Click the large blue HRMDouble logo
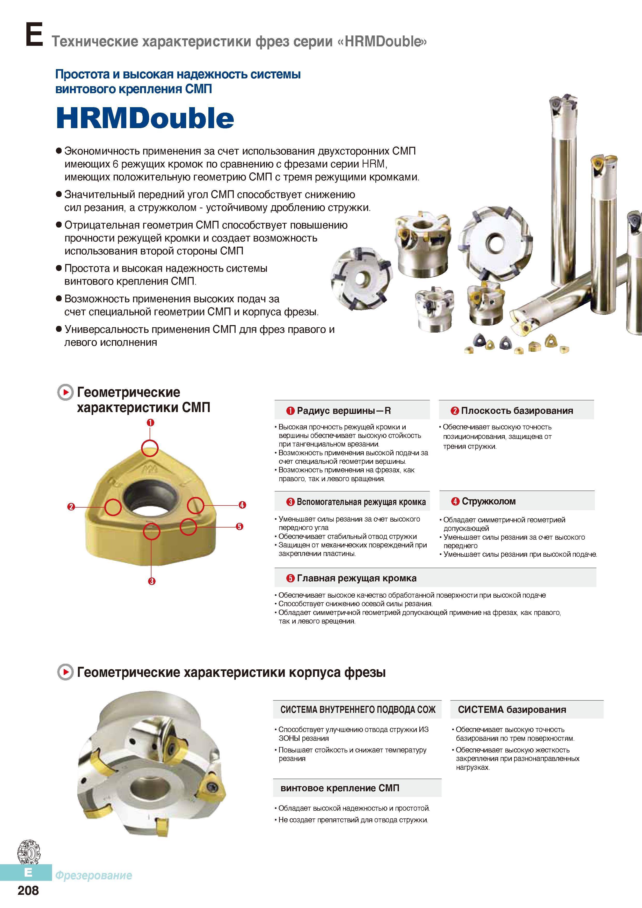pyautogui.click(x=145, y=118)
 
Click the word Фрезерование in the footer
pyautogui.click(x=93, y=875)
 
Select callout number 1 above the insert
pyautogui.click(x=150, y=422)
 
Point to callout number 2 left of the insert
pyautogui.click(x=71, y=507)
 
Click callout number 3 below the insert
pyautogui.click(x=151, y=581)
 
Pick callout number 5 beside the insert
pyautogui.click(x=239, y=526)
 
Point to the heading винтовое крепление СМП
pyautogui.click(x=340, y=788)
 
